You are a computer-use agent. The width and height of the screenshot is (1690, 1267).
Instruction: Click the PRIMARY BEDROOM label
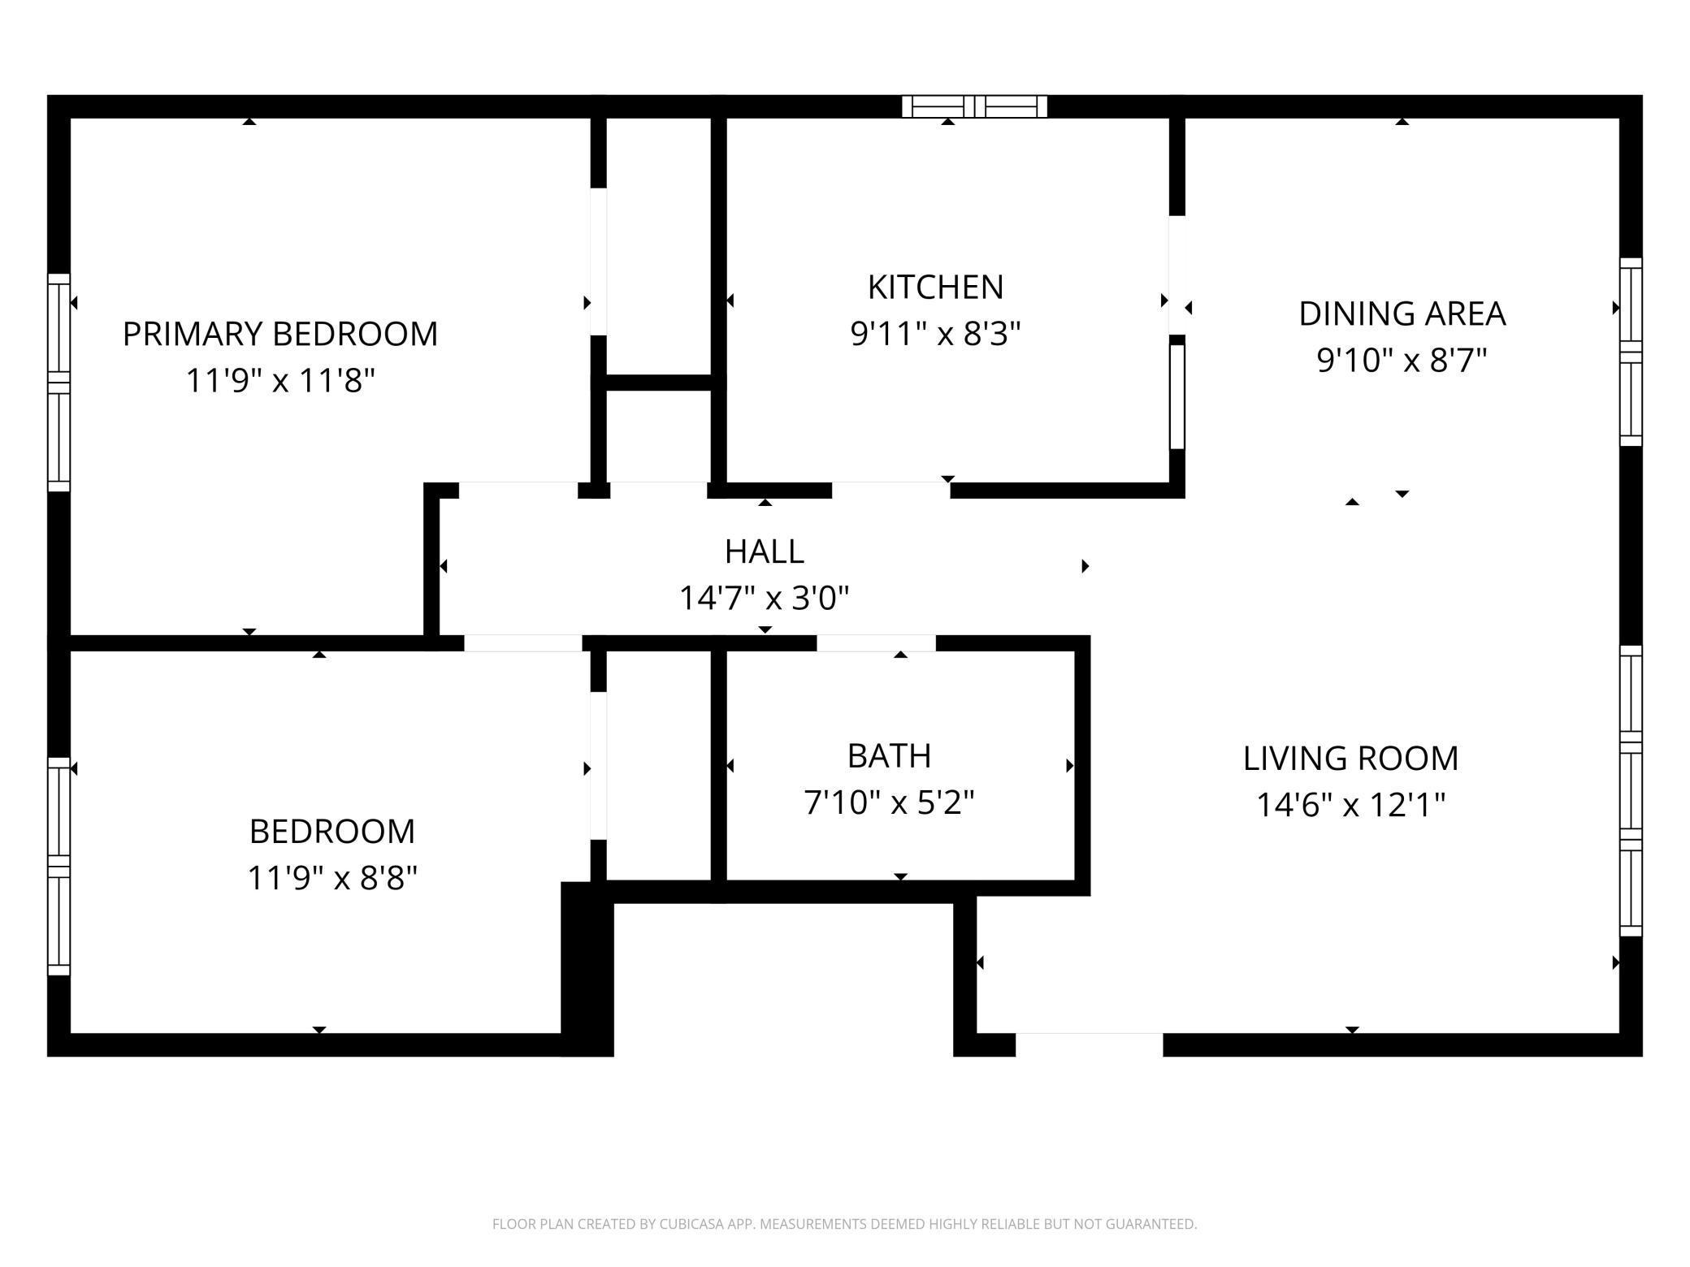(x=279, y=334)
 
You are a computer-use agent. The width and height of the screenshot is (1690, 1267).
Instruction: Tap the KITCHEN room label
(x=935, y=288)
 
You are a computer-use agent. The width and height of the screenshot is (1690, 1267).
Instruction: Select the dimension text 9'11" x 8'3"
(x=935, y=334)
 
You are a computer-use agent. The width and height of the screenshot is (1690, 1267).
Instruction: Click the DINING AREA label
(x=1402, y=314)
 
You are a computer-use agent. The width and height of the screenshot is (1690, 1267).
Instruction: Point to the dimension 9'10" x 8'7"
(x=1402, y=360)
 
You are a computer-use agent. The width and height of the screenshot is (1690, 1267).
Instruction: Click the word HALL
(x=764, y=552)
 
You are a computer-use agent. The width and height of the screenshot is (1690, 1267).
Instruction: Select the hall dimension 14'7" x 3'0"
(x=764, y=599)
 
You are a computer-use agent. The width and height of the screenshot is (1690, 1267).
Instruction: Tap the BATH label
(x=889, y=756)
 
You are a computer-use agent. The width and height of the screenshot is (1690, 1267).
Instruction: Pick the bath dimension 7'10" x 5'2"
(x=889, y=803)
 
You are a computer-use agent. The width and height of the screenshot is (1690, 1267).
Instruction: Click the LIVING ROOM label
(x=1350, y=759)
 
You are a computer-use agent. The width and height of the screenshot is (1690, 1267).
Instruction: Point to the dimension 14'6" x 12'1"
(x=1350, y=806)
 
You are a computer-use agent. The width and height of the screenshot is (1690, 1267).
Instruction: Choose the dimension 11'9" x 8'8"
(x=331, y=878)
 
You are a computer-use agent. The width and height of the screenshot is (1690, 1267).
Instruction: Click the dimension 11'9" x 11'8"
(x=279, y=380)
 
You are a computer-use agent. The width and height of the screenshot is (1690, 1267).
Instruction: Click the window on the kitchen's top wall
(x=974, y=106)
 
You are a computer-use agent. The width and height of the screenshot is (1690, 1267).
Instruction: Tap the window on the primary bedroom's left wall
(x=58, y=382)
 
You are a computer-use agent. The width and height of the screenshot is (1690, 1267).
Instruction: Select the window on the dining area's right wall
(x=1631, y=352)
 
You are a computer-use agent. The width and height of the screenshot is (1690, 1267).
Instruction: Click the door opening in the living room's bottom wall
(x=1089, y=1044)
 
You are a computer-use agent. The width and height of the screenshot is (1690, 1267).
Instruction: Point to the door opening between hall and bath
(x=876, y=643)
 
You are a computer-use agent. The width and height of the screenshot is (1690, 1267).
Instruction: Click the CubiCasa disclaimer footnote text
(x=844, y=1224)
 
